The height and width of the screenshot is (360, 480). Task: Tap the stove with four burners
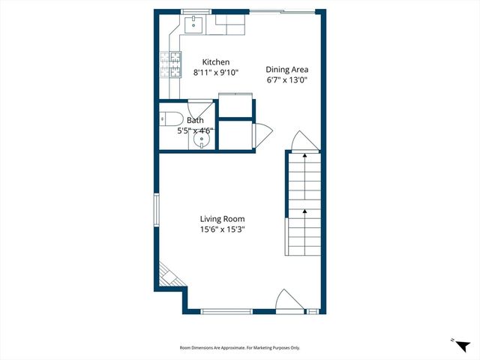coord(169,64)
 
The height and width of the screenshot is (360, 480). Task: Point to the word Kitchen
coord(215,62)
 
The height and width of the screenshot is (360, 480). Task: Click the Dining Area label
coord(286,69)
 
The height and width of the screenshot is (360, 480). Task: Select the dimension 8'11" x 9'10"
coord(215,73)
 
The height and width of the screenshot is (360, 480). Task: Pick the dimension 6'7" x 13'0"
coord(286,79)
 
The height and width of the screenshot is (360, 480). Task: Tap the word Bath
coord(195,120)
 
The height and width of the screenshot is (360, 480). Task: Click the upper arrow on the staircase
coord(304,157)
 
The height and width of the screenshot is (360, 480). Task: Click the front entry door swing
coord(289,300)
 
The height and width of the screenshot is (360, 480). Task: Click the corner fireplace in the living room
coord(169,274)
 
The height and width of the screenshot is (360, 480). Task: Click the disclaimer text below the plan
coord(239,347)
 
